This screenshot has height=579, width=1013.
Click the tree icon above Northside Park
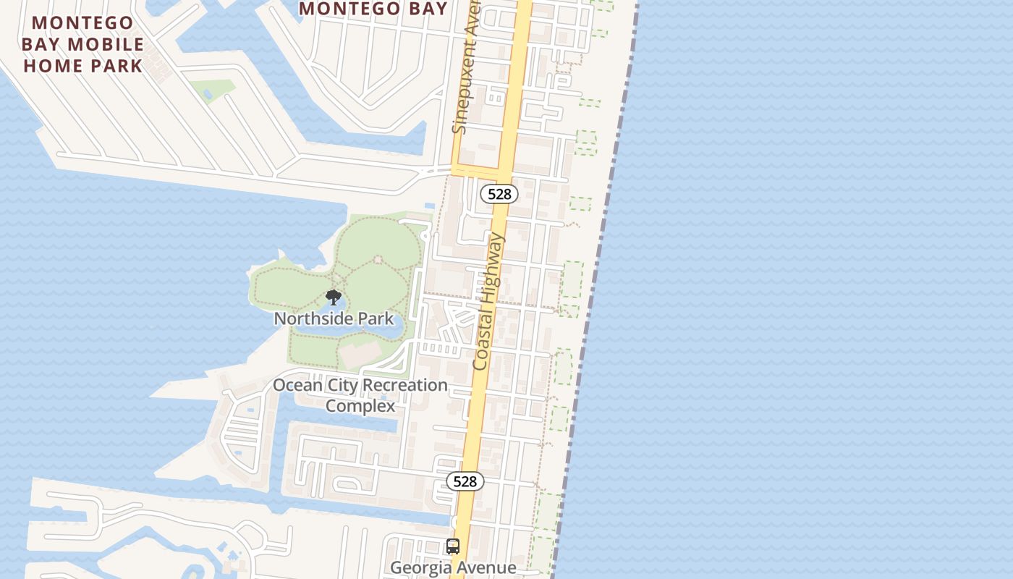[x=334, y=297]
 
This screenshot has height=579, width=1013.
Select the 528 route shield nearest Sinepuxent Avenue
[x=499, y=193]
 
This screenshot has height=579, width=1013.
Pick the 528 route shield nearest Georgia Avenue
[x=465, y=481]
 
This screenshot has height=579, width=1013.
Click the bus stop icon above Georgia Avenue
[x=453, y=546]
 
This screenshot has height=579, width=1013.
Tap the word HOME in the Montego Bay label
[x=52, y=66]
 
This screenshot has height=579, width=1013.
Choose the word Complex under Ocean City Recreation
[x=360, y=405]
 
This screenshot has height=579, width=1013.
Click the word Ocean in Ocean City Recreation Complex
[x=297, y=385]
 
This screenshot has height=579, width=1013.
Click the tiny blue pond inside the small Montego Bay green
[x=208, y=94]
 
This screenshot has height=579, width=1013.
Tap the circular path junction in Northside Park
[x=377, y=259]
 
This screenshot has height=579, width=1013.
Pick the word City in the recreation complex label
[x=342, y=385]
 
